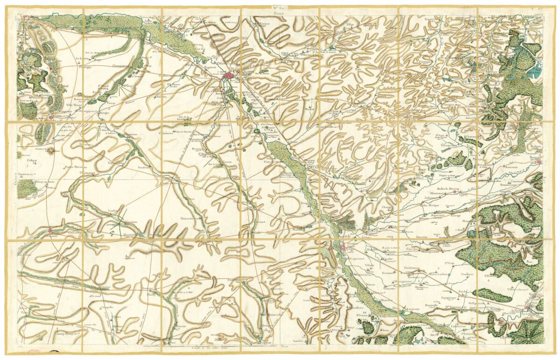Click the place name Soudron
[143, 167]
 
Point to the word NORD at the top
[279, 14]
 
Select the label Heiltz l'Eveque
[431, 205]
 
